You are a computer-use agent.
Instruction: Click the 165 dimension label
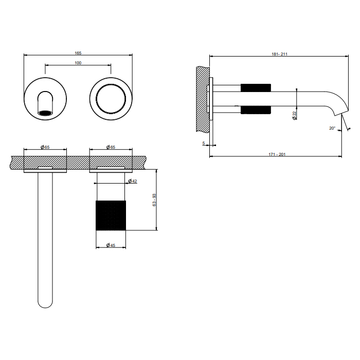78,53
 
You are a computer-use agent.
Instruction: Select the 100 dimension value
78,63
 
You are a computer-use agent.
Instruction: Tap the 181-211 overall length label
279,54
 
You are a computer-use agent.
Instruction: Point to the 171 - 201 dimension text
277,154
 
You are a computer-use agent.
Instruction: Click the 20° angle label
332,128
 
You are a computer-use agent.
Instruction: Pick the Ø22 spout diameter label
295,115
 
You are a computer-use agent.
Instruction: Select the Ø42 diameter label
133,181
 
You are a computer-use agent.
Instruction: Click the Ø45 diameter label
111,245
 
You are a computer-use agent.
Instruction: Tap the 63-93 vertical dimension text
154,200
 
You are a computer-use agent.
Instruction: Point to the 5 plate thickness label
204,143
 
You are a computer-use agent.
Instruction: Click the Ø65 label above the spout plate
45,147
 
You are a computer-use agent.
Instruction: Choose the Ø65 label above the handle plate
111,147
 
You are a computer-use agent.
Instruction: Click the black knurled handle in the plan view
111,215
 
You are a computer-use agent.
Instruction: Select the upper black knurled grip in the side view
256,88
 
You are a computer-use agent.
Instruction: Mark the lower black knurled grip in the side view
256,110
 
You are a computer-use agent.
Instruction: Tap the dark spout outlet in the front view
45,113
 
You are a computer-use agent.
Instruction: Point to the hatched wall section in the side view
203,99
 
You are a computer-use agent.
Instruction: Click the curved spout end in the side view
337,103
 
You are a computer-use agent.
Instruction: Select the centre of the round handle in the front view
111,99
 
